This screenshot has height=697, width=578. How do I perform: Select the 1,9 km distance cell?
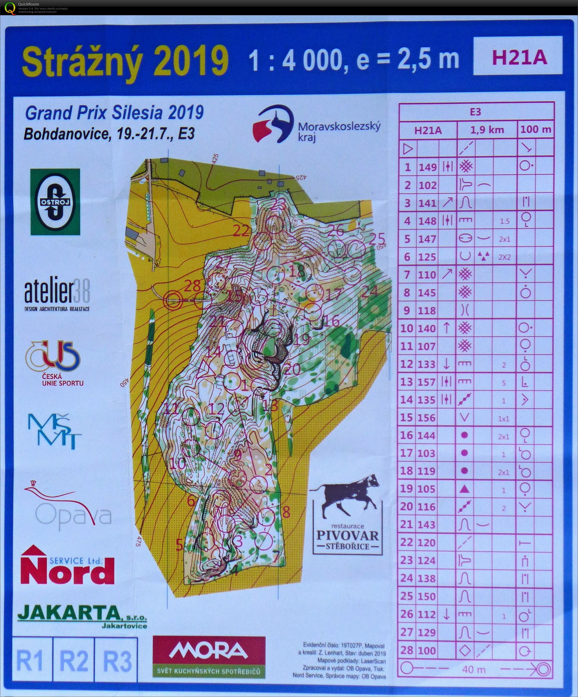[x=487, y=130]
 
